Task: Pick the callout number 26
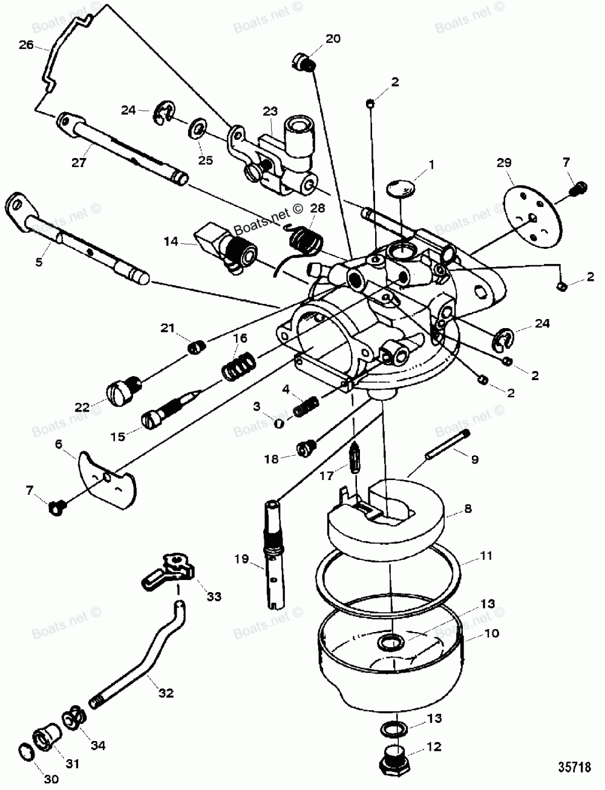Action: click(x=25, y=45)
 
